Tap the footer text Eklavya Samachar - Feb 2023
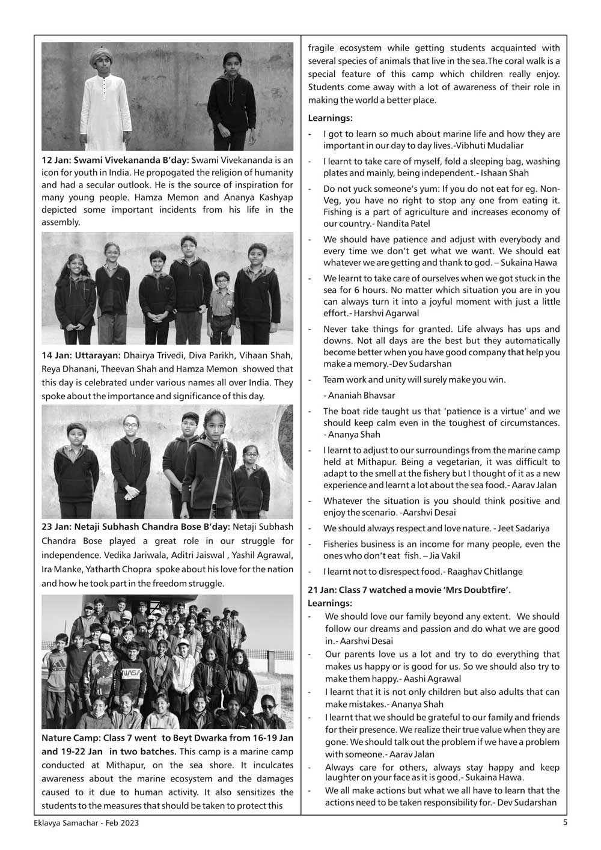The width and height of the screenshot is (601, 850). pos(86,824)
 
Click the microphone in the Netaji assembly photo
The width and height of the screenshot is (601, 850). pos(224,444)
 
